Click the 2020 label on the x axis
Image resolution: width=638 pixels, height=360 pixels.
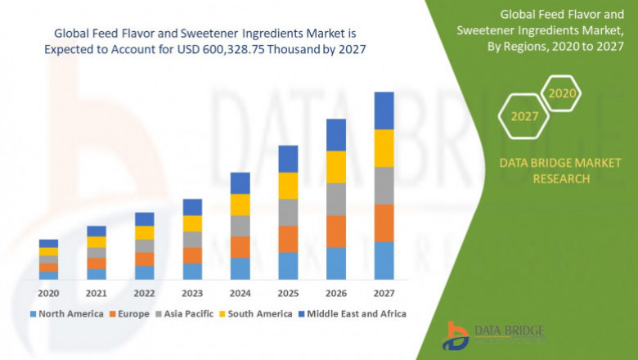[48, 292]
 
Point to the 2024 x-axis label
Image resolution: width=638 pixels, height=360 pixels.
[240, 292]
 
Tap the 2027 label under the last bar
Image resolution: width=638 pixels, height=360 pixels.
[384, 292]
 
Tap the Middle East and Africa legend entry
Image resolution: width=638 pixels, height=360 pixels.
[356, 313]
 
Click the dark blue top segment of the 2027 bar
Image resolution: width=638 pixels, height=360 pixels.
[384, 110]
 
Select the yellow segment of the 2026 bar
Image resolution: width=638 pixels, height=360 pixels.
[336, 167]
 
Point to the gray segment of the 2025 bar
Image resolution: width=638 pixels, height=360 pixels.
[288, 212]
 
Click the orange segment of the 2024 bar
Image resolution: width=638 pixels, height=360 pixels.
[240, 247]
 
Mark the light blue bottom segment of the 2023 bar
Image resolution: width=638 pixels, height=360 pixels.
[192, 271]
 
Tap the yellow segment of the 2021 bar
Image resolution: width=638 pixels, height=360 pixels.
[97, 241]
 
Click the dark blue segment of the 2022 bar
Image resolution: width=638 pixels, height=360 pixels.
[144, 218]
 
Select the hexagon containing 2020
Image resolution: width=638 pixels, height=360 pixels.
[562, 93]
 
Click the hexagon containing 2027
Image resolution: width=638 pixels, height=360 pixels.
[524, 116]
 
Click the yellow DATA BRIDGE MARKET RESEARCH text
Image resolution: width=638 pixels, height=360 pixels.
[560, 171]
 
